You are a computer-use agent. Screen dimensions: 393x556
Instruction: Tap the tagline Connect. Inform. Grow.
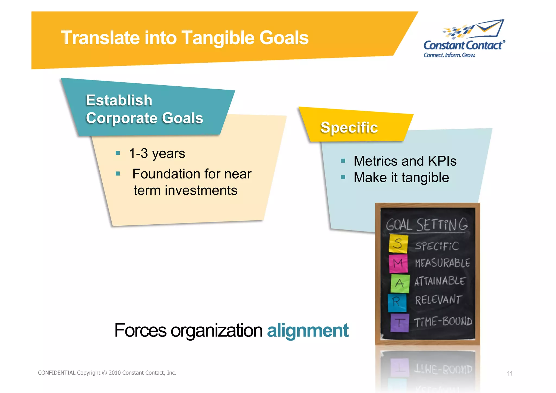coord(449,55)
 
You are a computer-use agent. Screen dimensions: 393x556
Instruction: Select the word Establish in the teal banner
coord(119,100)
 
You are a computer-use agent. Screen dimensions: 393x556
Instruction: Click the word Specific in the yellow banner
coord(349,127)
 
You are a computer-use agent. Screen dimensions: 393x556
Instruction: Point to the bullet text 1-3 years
coord(157,153)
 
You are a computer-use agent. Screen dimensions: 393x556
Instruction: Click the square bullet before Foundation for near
coord(118,174)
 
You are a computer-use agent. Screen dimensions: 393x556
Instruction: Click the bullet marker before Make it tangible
coord(343,177)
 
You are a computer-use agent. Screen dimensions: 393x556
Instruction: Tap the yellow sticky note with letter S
coord(398,243)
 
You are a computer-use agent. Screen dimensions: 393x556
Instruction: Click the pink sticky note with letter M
coord(398,263)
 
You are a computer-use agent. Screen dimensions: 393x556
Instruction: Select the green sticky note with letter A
coord(400,284)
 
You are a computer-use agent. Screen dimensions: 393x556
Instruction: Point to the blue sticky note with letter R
coord(397,302)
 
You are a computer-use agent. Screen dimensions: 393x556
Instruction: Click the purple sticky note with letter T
coord(399,323)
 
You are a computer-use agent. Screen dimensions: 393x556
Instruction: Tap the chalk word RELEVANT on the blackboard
coord(438,300)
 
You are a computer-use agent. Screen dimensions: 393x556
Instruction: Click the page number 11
coord(510,373)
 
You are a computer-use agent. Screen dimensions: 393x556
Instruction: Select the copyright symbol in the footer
coord(105,373)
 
